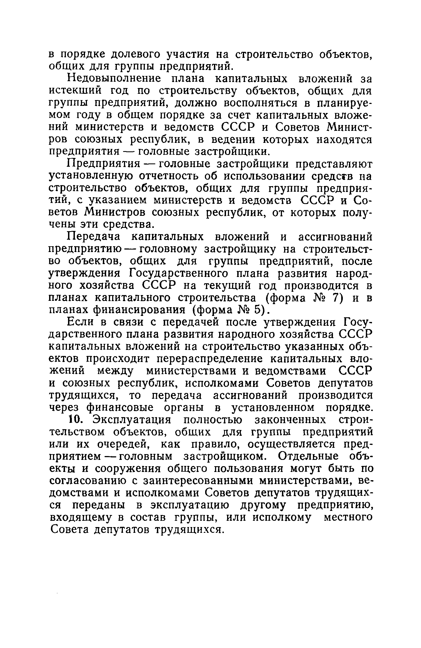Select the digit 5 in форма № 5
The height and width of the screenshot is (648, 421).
click(257, 310)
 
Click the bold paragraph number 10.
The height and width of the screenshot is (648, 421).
click(75, 420)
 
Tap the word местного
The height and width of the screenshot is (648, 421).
click(348, 517)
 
